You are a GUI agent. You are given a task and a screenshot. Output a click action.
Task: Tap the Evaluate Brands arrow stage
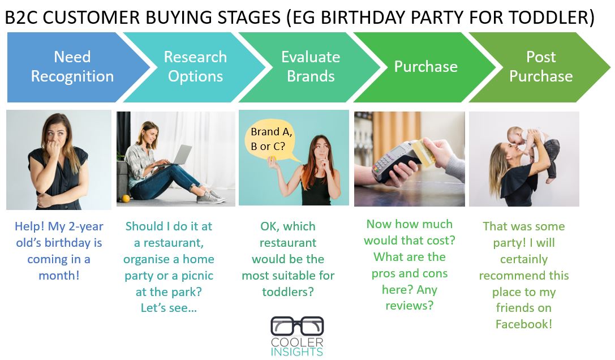tap(311, 67)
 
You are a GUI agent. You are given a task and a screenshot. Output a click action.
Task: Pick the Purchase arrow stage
tap(426, 67)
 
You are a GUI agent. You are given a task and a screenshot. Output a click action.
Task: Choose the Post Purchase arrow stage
tap(541, 67)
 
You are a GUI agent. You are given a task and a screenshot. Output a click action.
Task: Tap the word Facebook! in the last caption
tap(523, 324)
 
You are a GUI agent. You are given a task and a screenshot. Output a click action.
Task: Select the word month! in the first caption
tap(59, 276)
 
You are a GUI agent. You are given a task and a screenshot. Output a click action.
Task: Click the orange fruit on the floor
tap(125, 198)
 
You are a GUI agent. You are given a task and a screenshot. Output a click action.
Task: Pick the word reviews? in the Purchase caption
tap(410, 306)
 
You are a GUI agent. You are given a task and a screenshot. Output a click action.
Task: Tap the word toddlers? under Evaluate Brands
tap(288, 292)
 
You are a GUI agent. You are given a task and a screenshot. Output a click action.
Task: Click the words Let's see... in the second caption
tap(169, 308)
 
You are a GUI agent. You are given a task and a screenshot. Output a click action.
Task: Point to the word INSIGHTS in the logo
tap(297, 352)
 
